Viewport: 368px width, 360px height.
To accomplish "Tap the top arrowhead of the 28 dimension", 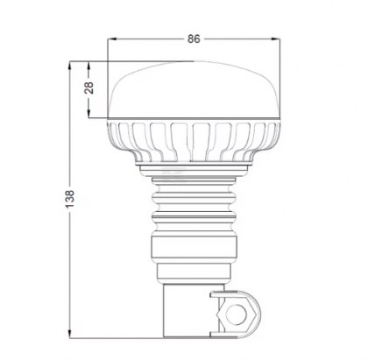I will pos(91,65).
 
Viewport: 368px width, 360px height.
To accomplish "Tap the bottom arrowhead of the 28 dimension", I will pos(91,116).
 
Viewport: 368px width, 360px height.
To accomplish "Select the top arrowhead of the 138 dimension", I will pos(71,65).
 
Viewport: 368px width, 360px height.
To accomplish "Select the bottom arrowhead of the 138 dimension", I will pos(71,335).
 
